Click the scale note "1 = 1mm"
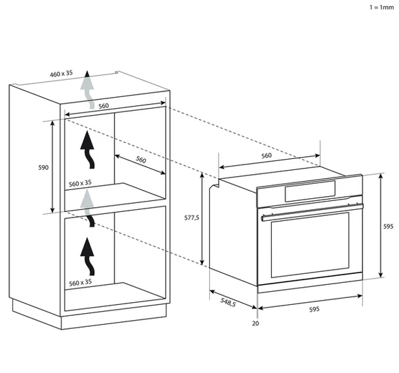(381, 8)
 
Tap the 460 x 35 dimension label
(61, 74)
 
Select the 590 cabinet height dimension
(43, 167)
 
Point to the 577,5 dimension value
(192, 217)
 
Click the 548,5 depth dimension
(228, 302)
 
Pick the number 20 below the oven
(255, 323)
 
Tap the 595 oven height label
(388, 226)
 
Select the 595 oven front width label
(314, 310)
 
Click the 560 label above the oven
(266, 156)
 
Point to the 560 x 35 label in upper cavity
(80, 183)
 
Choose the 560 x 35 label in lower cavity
(80, 283)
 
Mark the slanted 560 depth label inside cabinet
(141, 160)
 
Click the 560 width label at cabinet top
(104, 106)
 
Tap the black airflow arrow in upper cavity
(88, 149)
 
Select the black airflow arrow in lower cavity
(88, 257)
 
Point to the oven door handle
(312, 212)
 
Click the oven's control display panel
(310, 191)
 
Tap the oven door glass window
(310, 245)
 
